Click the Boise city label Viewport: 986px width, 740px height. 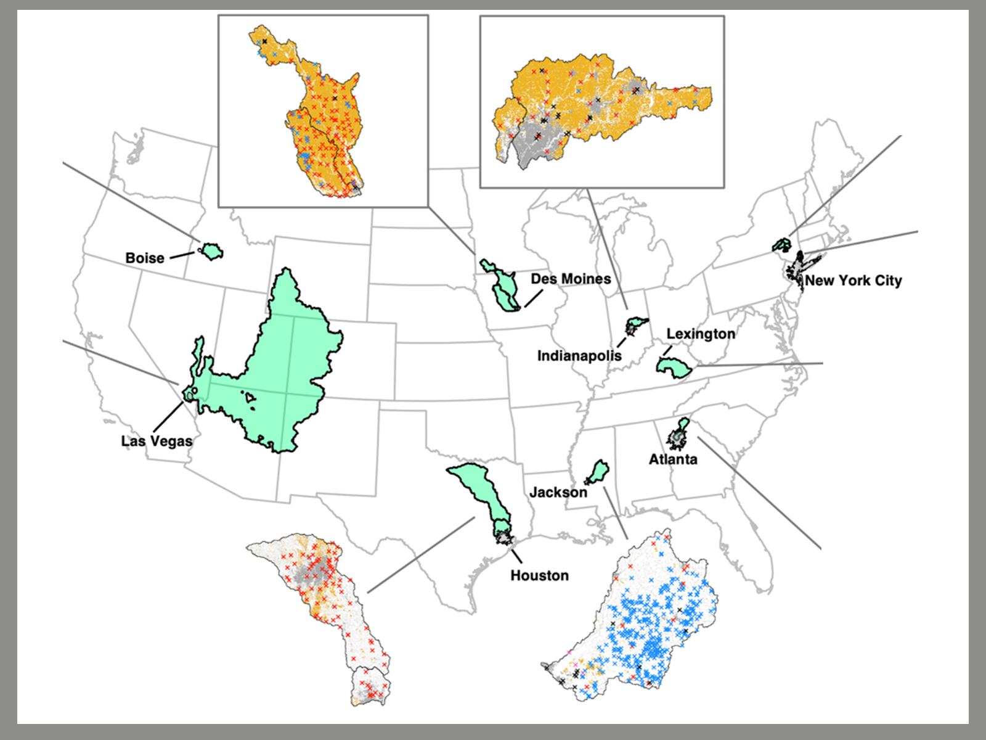point(145,258)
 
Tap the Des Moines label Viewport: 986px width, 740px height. point(571,279)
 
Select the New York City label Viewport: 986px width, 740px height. point(853,281)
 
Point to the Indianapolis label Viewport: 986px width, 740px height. point(579,356)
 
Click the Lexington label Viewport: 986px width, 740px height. point(701,334)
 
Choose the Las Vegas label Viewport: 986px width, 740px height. point(157,441)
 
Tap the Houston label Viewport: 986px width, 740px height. point(539,575)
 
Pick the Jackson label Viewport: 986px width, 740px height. point(558,493)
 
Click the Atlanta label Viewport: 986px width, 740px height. point(673,459)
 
